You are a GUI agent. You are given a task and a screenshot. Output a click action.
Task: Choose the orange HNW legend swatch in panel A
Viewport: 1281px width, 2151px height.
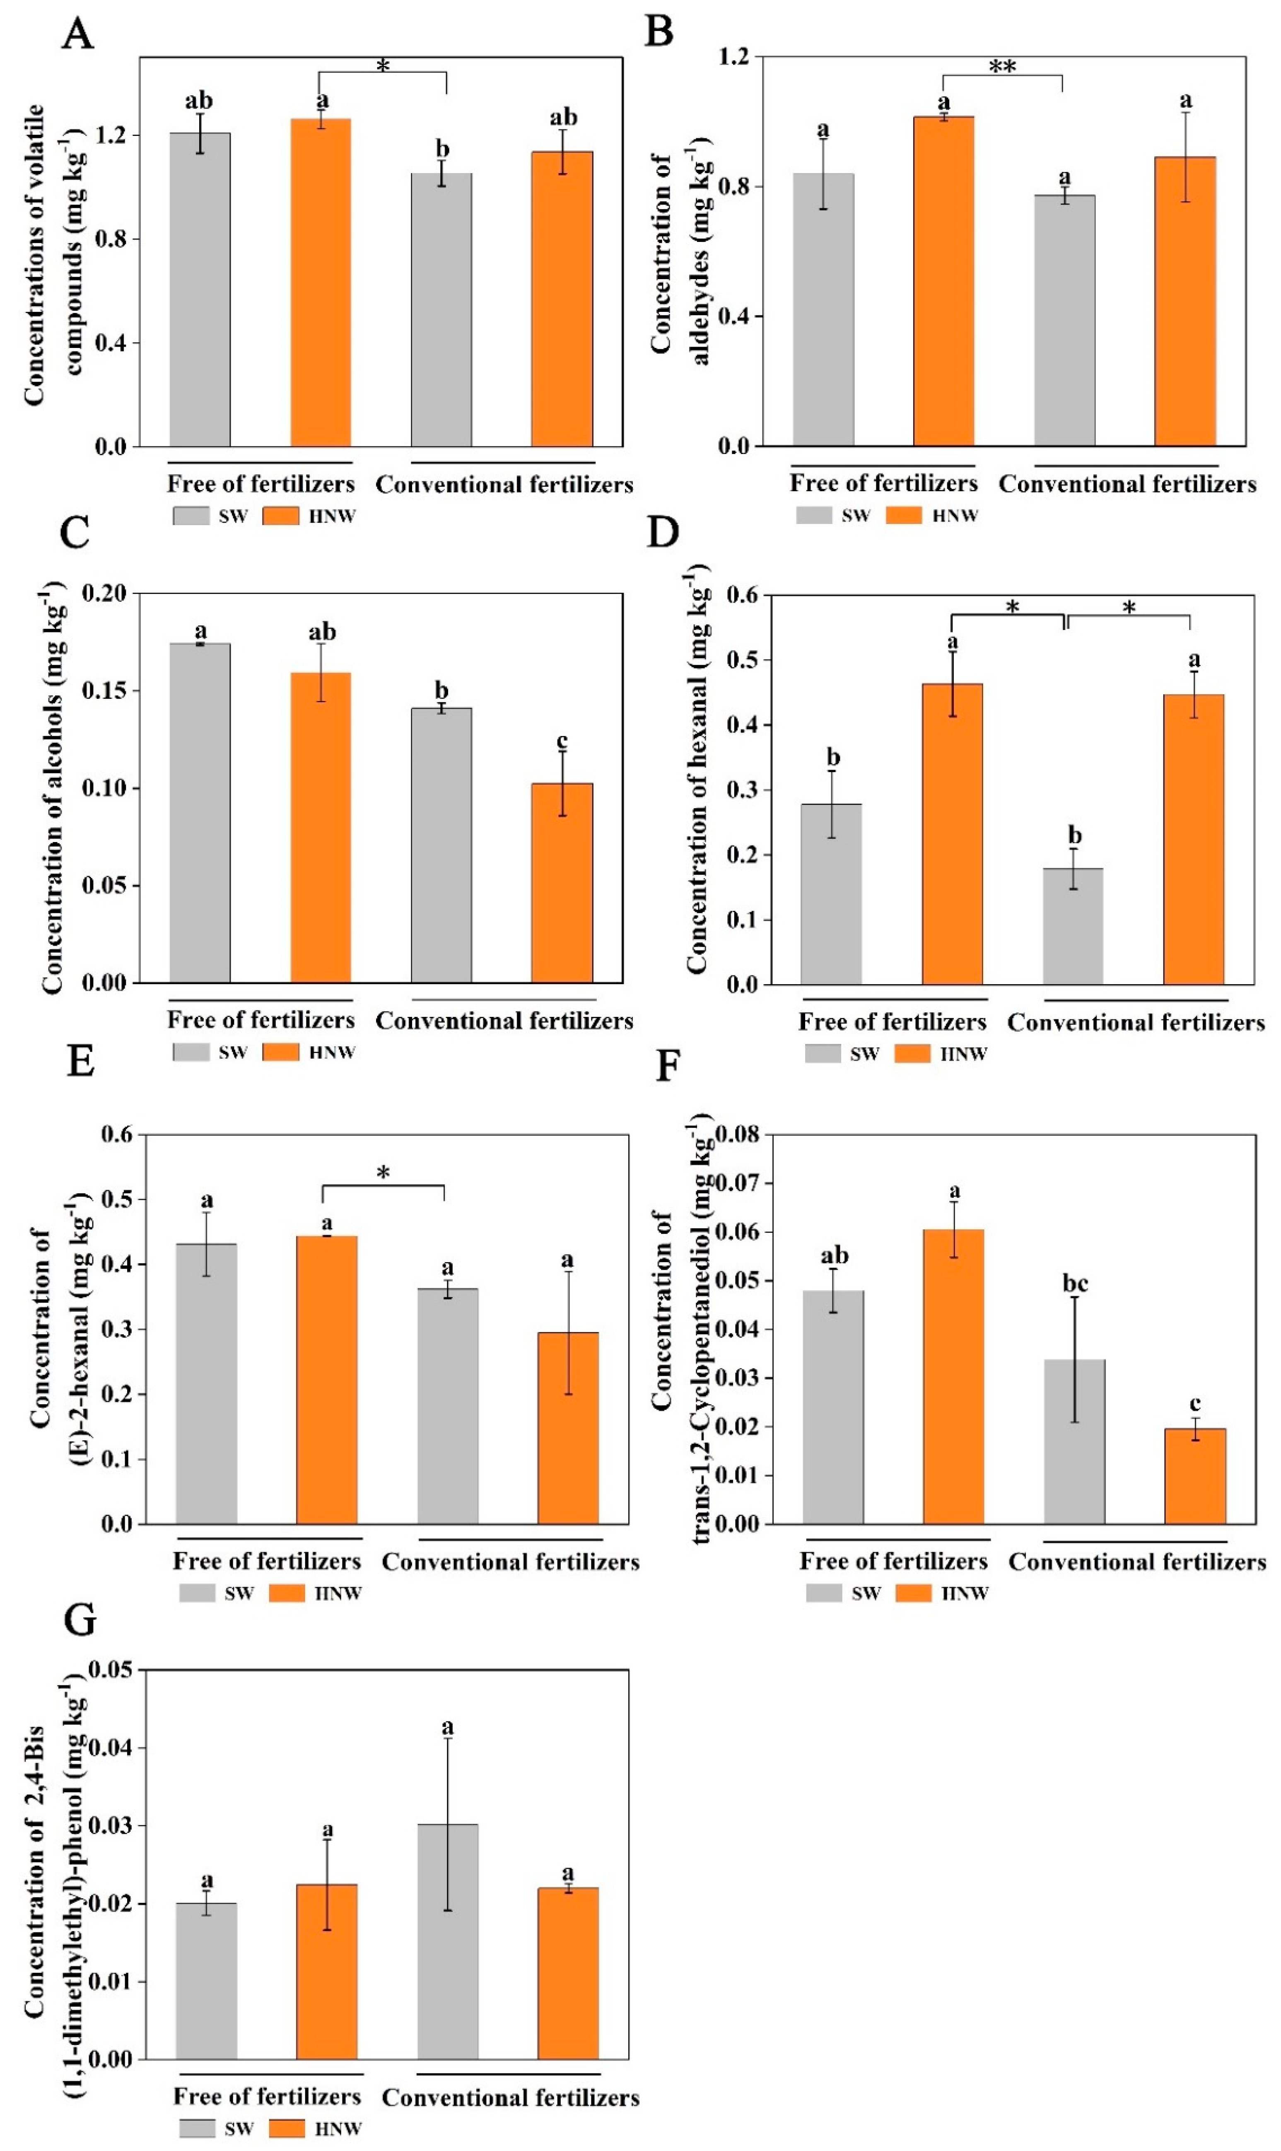(x=280, y=516)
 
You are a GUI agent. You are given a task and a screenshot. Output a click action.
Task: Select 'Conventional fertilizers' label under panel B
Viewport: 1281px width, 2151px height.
(x=1127, y=484)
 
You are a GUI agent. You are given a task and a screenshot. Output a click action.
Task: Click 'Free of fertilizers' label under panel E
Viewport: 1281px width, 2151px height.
(x=267, y=1561)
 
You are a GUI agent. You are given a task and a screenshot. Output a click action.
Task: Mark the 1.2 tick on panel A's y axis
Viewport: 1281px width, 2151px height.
(x=112, y=135)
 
